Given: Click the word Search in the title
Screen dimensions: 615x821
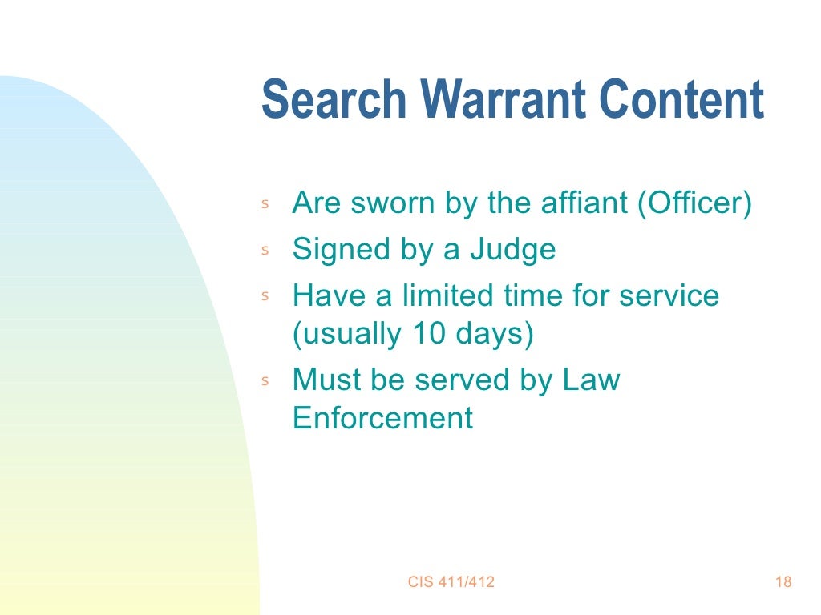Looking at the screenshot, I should [x=334, y=99].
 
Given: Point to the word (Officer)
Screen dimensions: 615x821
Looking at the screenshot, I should [x=695, y=203].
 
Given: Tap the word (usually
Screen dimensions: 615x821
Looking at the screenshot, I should [x=346, y=334].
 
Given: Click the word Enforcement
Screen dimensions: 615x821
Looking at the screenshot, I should [x=383, y=418].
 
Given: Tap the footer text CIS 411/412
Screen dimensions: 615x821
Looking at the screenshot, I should [x=451, y=582].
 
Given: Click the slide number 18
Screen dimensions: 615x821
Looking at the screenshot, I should [x=783, y=582].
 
